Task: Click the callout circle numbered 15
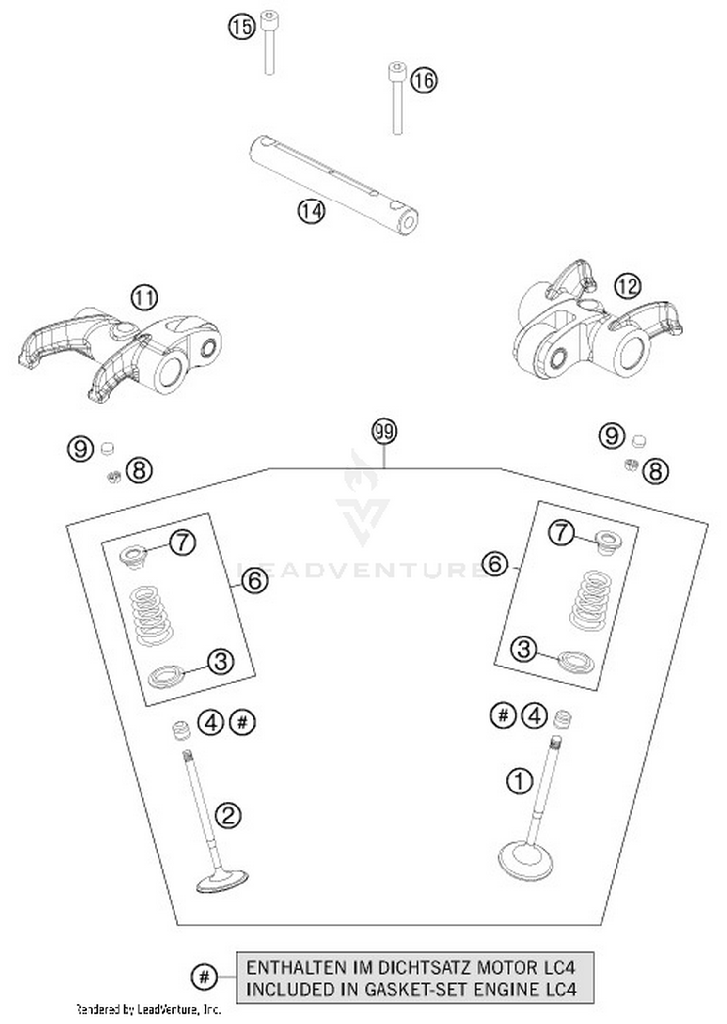pyautogui.click(x=242, y=27)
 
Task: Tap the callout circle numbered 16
pyautogui.click(x=424, y=80)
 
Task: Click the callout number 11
pyautogui.click(x=144, y=297)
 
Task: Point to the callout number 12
pyautogui.click(x=627, y=286)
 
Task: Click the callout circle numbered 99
pyautogui.click(x=384, y=431)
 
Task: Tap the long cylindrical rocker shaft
pyautogui.click(x=334, y=186)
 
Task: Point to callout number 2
pyautogui.click(x=228, y=815)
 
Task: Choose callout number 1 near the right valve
pyautogui.click(x=519, y=781)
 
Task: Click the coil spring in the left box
pyautogui.click(x=152, y=615)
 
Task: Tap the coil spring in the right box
pyautogui.click(x=590, y=601)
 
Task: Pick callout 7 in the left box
pyautogui.click(x=182, y=543)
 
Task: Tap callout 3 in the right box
pyautogui.click(x=524, y=649)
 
